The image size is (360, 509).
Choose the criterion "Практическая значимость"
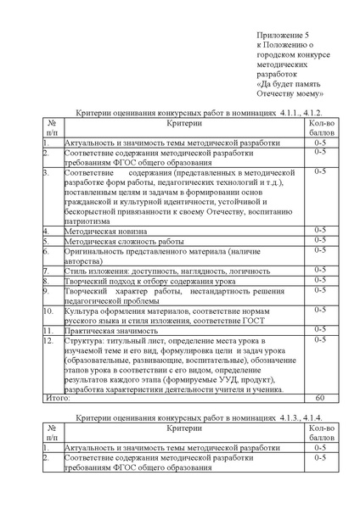(x=108, y=329)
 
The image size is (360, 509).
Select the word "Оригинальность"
(x=95, y=250)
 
